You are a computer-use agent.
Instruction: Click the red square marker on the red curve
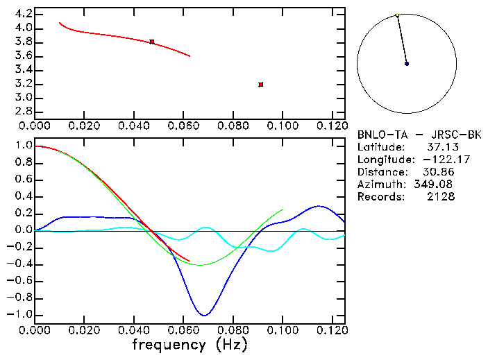(151, 42)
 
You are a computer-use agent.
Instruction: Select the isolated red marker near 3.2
(260, 85)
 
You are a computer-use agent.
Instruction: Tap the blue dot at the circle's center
(407, 64)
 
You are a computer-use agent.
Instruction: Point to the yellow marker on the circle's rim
(397, 15)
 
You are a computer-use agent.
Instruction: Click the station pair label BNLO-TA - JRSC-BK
(419, 135)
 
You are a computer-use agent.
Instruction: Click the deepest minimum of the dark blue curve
(203, 315)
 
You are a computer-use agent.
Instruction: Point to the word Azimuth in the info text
(379, 185)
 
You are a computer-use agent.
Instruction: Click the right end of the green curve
(283, 209)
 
